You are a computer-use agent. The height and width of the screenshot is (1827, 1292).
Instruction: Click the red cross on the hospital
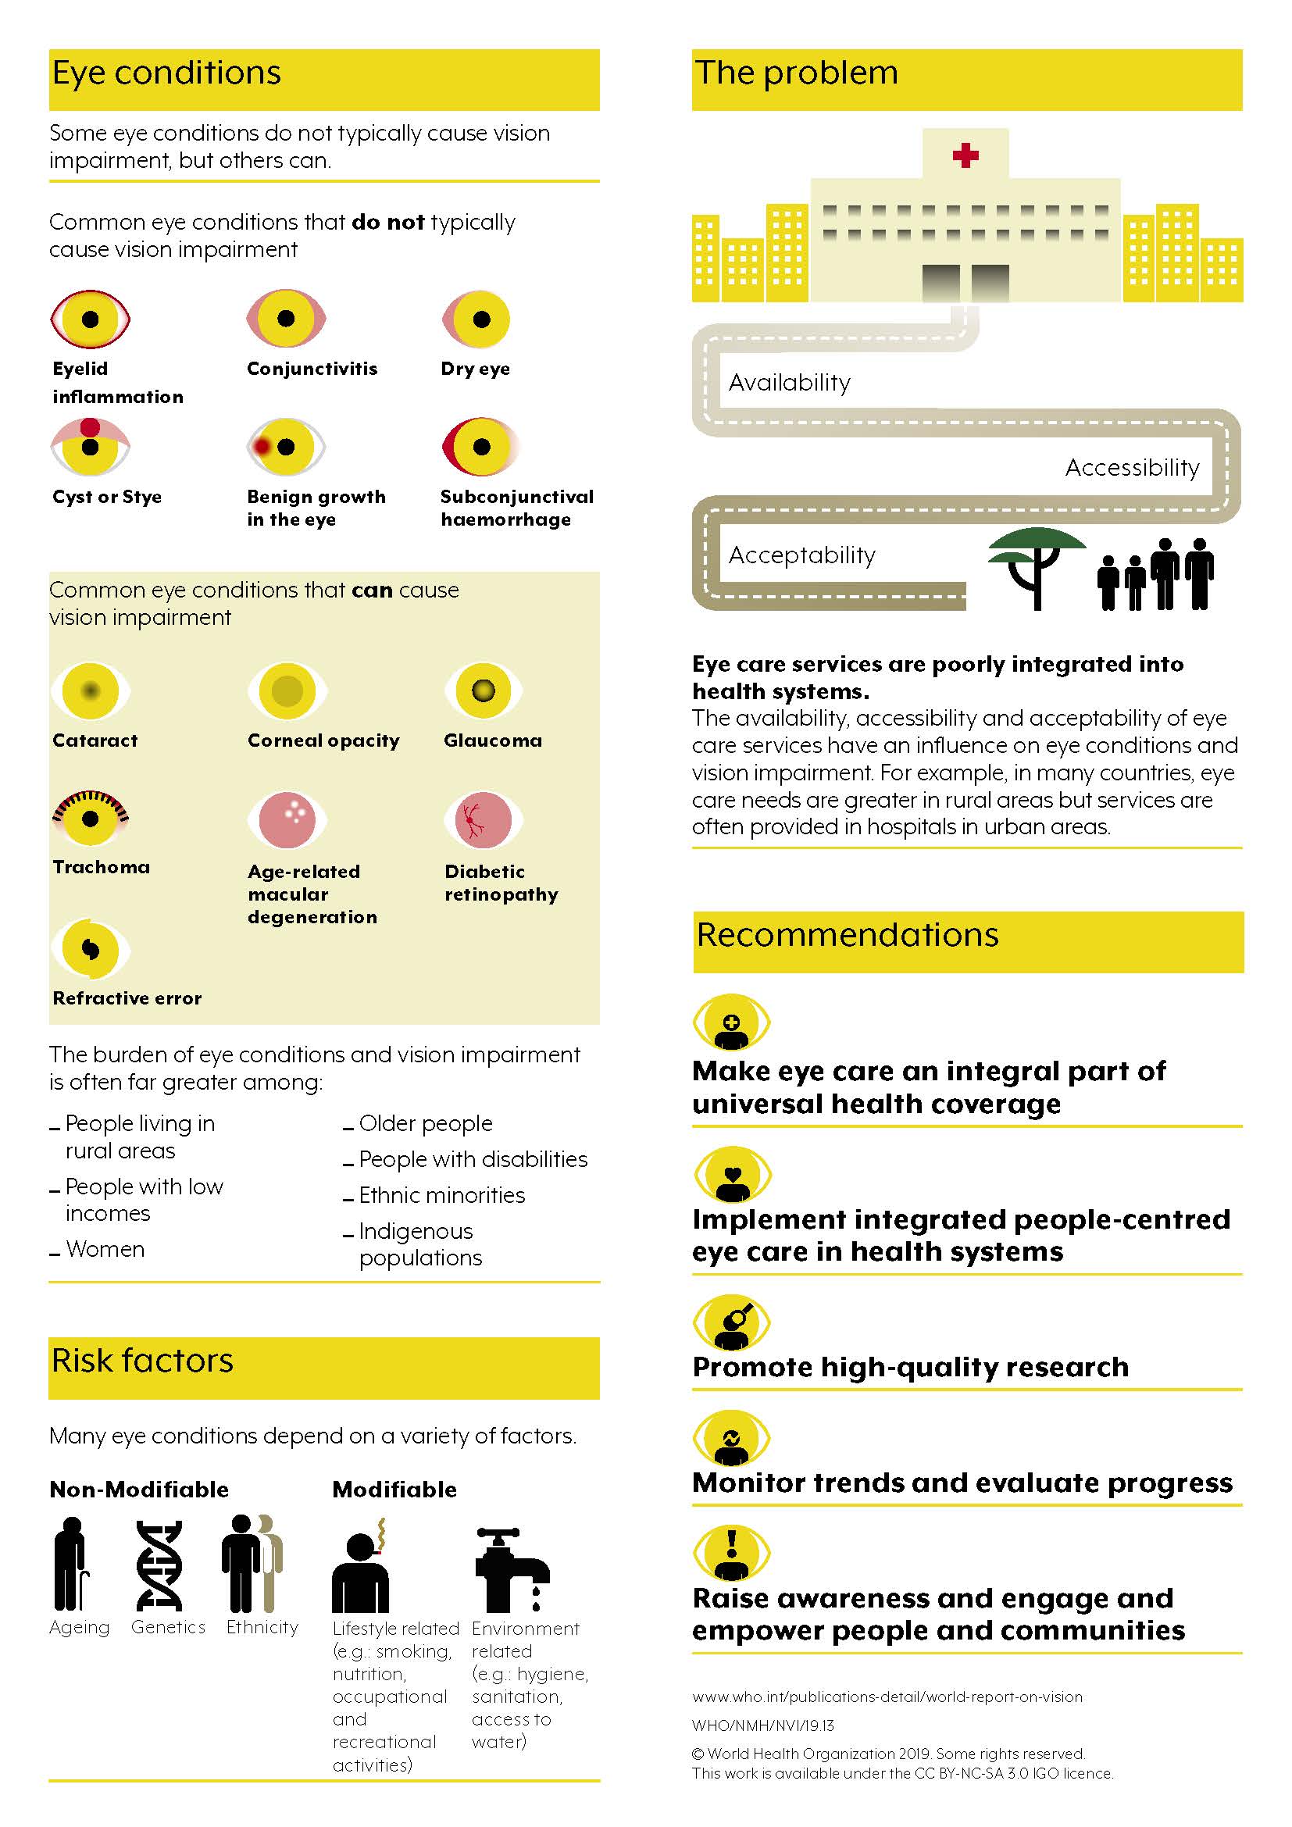tap(965, 155)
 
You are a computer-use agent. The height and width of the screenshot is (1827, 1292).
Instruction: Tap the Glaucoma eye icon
tap(483, 690)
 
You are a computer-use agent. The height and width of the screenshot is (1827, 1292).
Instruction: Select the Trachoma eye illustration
tap(90, 818)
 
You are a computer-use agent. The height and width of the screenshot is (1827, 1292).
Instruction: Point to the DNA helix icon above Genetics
tap(159, 1565)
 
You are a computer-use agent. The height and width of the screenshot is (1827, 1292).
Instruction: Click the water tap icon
tap(512, 1568)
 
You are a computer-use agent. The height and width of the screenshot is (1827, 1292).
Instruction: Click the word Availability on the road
tap(789, 383)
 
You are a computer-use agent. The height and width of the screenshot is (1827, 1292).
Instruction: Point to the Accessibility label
tap(1131, 467)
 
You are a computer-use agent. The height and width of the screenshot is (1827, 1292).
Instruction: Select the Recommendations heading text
tap(848, 935)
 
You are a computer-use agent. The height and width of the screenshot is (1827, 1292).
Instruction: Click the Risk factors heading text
tap(142, 1361)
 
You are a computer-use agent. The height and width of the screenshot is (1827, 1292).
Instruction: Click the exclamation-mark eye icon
tap(732, 1554)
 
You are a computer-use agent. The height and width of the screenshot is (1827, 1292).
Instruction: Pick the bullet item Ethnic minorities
tap(441, 1195)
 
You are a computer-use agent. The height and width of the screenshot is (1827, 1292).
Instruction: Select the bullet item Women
tap(105, 1249)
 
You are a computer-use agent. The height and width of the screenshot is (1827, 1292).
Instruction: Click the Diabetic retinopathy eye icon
tap(483, 819)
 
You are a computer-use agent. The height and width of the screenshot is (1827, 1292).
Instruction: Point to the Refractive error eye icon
tap(90, 949)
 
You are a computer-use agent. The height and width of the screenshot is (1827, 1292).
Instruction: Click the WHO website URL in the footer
tap(887, 1697)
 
